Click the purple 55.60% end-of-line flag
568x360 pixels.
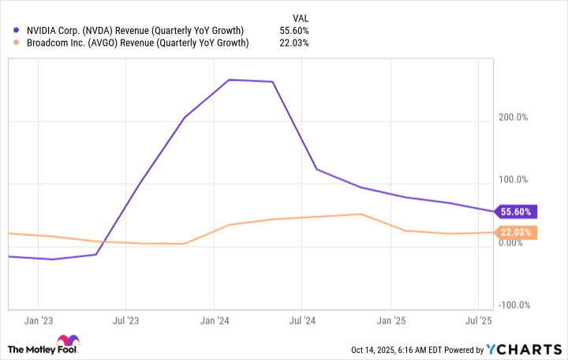pyautogui.click(x=517, y=212)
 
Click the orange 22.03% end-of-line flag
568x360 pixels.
pyautogui.click(x=517, y=232)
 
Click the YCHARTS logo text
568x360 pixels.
pyautogui.click(x=529, y=349)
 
